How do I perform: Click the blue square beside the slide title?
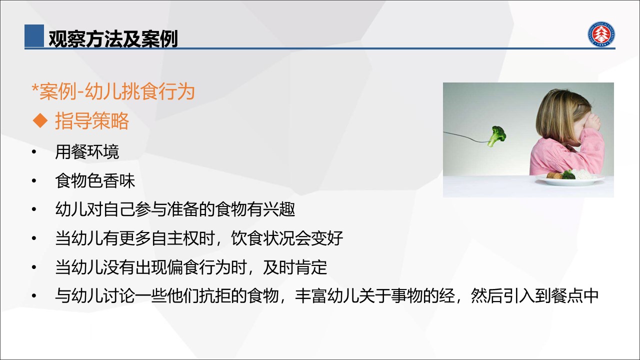click(34, 35)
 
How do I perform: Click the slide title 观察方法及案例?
click(113, 38)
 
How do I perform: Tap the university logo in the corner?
click(601, 34)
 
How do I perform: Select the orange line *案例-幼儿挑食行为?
click(113, 91)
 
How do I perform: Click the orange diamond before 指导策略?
click(40, 120)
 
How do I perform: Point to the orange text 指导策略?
click(92, 120)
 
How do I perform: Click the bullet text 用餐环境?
click(87, 151)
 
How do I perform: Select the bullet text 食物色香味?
click(95, 180)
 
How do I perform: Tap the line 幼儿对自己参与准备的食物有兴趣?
click(175, 209)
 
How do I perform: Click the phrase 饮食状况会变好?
click(287, 238)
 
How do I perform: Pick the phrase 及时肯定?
click(295, 267)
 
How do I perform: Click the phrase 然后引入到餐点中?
click(534, 295)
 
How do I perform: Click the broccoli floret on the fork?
click(497, 136)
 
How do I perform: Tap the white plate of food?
click(570, 179)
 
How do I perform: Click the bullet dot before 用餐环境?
click(34, 152)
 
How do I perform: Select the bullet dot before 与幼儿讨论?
click(34, 296)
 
